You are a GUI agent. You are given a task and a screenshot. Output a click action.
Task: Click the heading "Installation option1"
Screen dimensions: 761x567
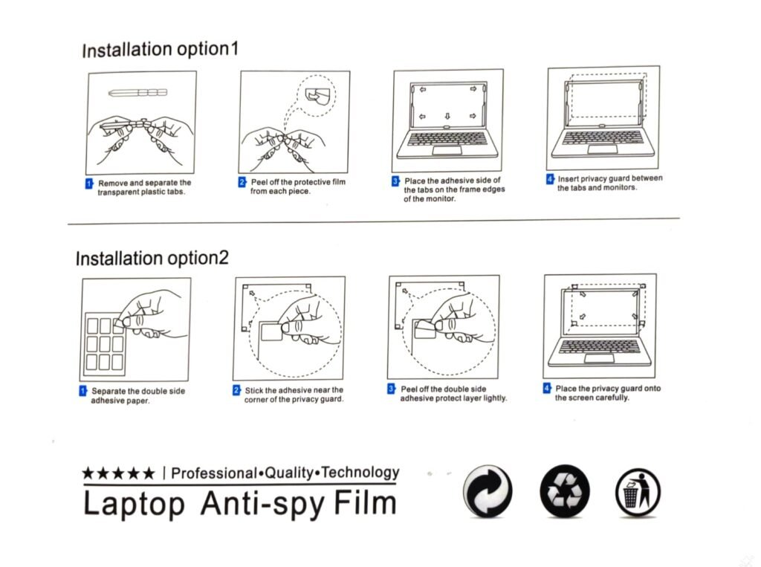click(161, 50)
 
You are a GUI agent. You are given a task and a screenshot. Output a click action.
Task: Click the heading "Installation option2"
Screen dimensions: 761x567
click(152, 259)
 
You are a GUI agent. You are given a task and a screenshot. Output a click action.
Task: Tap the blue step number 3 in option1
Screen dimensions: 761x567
click(395, 181)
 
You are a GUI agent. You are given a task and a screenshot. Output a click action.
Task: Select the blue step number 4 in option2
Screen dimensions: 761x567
click(547, 389)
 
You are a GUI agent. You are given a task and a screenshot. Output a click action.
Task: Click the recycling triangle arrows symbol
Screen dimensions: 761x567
click(565, 490)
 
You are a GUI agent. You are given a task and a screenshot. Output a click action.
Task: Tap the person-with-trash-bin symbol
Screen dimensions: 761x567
click(638, 492)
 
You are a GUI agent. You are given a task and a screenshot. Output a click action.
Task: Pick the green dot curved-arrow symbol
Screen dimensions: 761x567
click(488, 490)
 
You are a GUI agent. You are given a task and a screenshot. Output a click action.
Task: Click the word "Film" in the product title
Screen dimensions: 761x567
click(365, 503)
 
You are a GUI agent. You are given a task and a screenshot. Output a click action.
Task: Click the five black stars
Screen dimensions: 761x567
click(118, 473)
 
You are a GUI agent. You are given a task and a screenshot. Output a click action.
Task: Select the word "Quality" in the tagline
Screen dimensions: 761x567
click(289, 473)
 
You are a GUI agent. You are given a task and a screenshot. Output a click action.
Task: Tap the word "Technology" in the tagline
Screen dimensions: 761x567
click(360, 473)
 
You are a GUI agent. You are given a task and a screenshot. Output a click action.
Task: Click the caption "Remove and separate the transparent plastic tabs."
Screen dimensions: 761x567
click(144, 187)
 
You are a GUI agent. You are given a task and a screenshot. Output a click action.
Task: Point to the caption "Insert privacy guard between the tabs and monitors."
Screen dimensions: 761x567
click(609, 183)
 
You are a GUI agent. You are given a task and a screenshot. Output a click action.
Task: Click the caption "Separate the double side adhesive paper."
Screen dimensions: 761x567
click(137, 395)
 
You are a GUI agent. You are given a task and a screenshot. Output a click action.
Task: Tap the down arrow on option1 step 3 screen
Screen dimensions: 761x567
click(447, 116)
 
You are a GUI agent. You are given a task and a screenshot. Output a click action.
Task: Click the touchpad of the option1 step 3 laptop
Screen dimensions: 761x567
click(447, 149)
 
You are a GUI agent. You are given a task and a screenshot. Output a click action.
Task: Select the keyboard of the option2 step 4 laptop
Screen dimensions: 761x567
click(599, 346)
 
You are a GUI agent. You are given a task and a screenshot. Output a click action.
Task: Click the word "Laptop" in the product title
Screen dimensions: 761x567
click(135, 505)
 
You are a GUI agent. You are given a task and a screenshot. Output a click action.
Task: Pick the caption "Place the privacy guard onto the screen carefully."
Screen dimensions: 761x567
click(608, 393)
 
